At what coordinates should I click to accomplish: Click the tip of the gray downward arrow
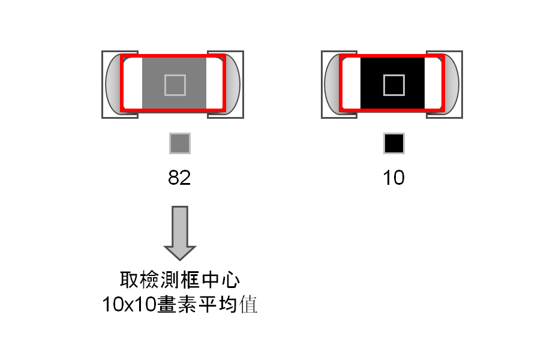[180, 260]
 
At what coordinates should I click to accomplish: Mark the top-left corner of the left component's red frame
[121, 55]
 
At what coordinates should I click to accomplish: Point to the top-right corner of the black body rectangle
[425, 58]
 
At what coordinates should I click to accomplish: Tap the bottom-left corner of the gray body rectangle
[142, 109]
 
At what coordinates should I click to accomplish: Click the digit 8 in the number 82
[173, 178]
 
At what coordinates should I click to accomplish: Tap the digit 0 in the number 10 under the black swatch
[398, 178]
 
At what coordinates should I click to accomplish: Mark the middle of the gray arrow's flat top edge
[180, 207]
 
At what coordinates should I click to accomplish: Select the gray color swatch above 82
[180, 143]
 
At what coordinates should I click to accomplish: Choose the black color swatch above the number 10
[394, 143]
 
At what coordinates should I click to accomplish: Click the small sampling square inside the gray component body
[175, 85]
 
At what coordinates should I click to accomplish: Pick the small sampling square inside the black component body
[394, 85]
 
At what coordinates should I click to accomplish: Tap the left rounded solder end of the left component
[113, 84]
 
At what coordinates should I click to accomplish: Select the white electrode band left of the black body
[351, 83]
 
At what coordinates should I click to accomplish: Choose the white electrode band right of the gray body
[215, 83]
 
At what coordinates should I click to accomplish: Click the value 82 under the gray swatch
[179, 178]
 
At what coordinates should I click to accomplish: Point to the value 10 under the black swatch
[393, 178]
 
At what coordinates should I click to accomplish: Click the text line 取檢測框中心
[180, 280]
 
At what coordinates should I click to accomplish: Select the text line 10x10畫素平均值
[180, 304]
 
